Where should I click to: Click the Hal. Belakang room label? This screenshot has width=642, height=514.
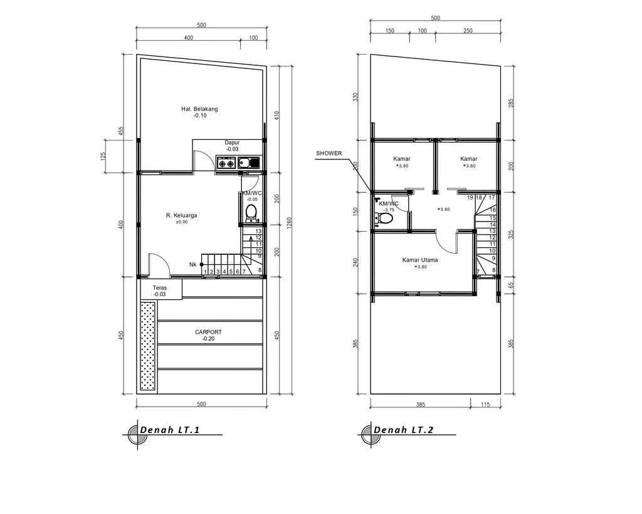pos(199,109)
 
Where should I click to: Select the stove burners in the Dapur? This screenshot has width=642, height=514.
pos(226,164)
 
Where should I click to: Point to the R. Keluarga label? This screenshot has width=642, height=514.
pos(181,215)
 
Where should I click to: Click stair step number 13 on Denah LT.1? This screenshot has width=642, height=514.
pos(258,231)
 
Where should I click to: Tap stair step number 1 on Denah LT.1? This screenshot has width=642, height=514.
pos(206,271)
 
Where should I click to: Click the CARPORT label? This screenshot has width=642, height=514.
pos(208,332)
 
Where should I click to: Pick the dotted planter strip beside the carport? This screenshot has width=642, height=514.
pos(148,345)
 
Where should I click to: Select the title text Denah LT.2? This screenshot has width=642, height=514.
pos(404,430)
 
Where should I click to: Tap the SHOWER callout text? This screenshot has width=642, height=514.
pos(329,153)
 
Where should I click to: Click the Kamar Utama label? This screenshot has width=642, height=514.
pos(420,259)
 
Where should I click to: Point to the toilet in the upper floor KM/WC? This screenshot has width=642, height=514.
pos(384,218)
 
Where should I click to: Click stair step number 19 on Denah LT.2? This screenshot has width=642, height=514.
pos(470,198)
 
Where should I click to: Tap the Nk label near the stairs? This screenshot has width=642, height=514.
pos(193,265)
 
